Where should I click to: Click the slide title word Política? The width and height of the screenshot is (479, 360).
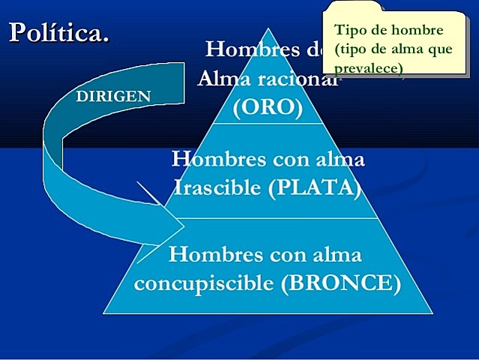(x=58, y=32)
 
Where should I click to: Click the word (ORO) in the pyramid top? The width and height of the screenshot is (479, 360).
(x=268, y=107)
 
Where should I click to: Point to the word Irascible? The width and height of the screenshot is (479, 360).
(x=217, y=187)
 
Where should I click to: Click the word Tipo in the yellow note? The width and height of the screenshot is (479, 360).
(x=349, y=31)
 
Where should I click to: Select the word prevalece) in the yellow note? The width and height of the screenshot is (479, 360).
(x=370, y=68)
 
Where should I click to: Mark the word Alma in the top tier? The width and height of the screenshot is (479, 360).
(x=223, y=78)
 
